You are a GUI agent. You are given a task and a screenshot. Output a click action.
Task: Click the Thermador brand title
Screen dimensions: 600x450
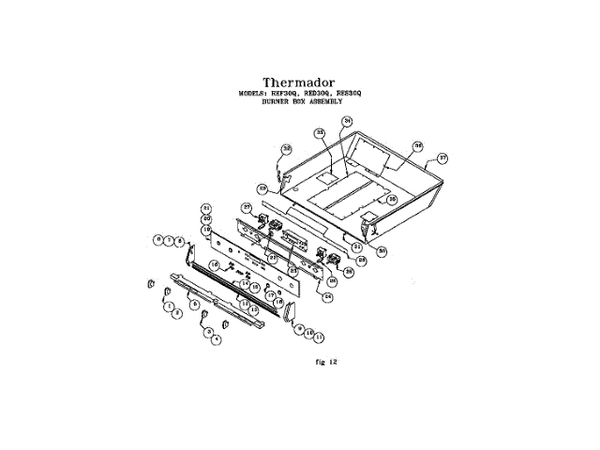(x=299, y=82)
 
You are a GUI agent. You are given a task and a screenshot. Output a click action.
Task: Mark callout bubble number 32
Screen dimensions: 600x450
(x=287, y=148)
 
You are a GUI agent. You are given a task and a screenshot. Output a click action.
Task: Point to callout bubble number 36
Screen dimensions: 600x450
(x=419, y=146)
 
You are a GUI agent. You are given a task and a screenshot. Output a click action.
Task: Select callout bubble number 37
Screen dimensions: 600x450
(x=443, y=157)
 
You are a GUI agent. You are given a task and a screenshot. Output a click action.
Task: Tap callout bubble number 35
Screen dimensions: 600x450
(x=393, y=200)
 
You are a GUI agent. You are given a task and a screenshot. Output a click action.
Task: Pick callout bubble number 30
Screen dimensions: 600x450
(x=382, y=250)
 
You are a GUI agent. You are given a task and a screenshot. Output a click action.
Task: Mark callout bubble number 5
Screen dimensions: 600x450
(x=193, y=305)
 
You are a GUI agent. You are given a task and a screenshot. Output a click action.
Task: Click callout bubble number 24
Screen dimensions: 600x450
(x=328, y=297)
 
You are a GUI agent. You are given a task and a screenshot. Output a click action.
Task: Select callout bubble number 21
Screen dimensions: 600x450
(x=207, y=208)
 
